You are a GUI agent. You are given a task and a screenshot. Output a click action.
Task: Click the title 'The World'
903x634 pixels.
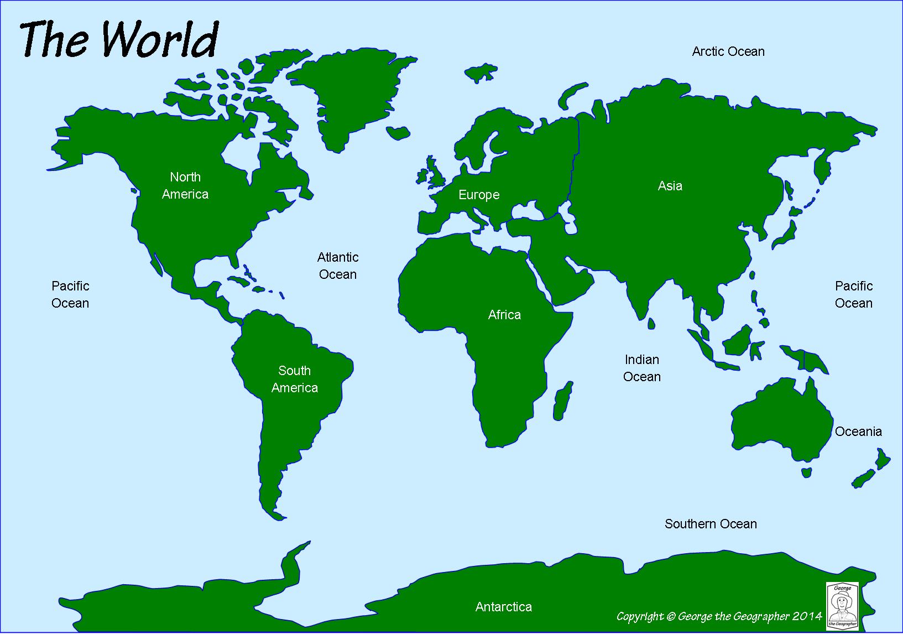[119, 40]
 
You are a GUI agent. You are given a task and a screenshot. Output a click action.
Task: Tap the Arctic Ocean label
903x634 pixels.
[728, 51]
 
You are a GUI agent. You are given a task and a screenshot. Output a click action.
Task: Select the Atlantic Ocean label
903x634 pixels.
[338, 266]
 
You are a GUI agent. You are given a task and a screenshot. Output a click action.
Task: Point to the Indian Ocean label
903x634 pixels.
[641, 368]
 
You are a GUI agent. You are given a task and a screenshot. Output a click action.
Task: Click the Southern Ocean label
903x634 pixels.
[711, 524]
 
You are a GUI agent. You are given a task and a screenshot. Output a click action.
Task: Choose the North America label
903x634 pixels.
[185, 185]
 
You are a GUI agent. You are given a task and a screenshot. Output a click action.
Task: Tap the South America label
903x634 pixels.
[294, 379]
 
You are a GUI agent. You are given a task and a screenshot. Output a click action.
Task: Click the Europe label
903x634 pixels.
[479, 195]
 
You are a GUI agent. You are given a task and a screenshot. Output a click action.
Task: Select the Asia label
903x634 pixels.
[670, 186]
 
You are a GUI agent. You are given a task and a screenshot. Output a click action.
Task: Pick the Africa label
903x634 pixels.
[504, 315]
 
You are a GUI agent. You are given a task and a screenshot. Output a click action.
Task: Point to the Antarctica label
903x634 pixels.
[503, 607]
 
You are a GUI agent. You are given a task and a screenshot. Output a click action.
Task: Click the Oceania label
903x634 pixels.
[858, 432]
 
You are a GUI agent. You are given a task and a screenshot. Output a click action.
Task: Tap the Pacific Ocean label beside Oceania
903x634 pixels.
[853, 294]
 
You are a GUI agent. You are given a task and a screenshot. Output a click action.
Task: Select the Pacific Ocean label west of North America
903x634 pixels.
[70, 294]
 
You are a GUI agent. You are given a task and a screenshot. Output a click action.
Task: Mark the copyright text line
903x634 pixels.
[719, 616]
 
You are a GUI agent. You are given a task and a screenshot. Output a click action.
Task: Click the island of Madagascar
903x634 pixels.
[563, 400]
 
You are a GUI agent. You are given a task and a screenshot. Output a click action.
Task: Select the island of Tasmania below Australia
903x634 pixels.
[807, 472]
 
